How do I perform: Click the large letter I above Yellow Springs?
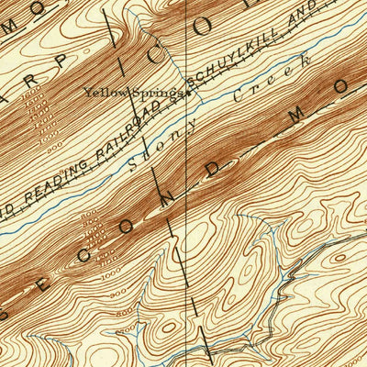point(115,36)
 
